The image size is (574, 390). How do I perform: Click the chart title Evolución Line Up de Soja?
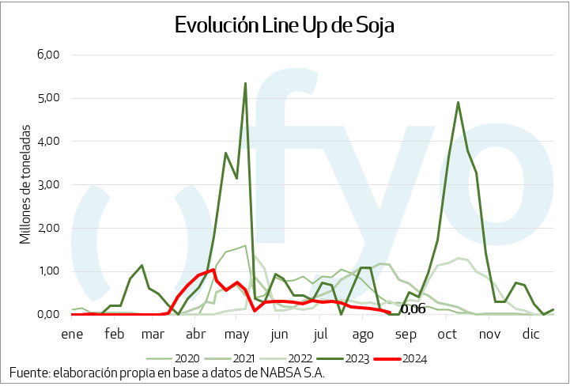coord(284,25)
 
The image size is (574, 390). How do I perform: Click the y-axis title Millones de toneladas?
coord(25,184)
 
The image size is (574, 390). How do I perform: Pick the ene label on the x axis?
coord(72,334)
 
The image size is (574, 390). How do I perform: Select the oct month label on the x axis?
coord(444,334)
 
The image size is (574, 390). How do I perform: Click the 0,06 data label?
coord(413,309)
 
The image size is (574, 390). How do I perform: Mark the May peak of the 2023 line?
coord(245,83)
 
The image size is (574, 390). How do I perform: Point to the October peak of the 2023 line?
coord(459,102)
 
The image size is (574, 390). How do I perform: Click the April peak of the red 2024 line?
coord(213,270)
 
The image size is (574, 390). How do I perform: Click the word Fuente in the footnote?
coord(28,373)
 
